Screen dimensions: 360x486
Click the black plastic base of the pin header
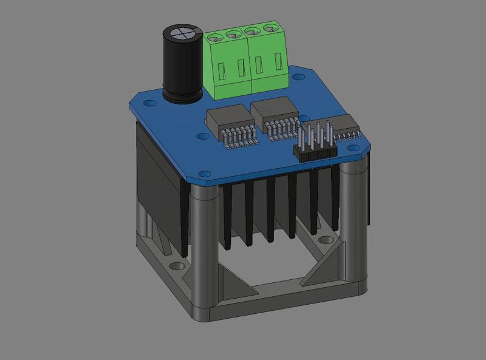click(x=315, y=152)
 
